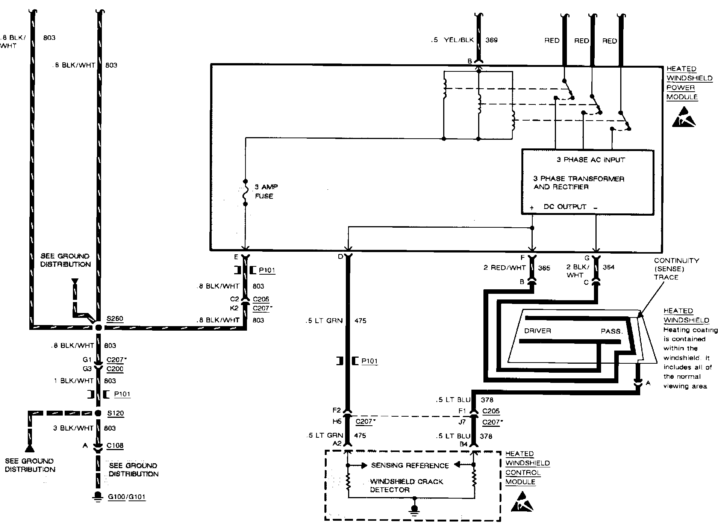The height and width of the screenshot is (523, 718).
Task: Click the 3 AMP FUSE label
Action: tap(266, 191)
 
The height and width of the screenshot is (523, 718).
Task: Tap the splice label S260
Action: tap(115, 319)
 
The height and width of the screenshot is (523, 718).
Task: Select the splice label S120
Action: tap(115, 413)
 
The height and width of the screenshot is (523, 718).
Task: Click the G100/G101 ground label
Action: tap(126, 497)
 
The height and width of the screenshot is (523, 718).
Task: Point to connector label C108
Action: tap(115, 446)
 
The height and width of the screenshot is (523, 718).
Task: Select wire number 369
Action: tap(491, 40)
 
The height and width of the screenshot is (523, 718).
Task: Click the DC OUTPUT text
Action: tap(565, 207)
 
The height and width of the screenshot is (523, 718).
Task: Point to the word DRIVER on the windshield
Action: tap(538, 331)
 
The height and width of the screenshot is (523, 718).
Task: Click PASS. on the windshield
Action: tap(612, 331)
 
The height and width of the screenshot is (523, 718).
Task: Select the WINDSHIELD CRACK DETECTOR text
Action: tap(406, 485)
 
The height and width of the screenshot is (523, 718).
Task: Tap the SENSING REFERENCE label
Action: tap(410, 466)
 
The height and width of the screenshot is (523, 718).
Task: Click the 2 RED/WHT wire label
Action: tap(504, 268)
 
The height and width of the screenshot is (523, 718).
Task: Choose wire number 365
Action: tap(544, 268)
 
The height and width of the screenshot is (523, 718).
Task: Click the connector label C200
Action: tap(115, 369)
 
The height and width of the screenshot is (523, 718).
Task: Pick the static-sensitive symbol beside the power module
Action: tap(683, 117)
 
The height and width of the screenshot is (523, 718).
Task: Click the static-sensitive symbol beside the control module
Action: tap(522, 502)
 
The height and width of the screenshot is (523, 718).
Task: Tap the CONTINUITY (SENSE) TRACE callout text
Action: tap(676, 269)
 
